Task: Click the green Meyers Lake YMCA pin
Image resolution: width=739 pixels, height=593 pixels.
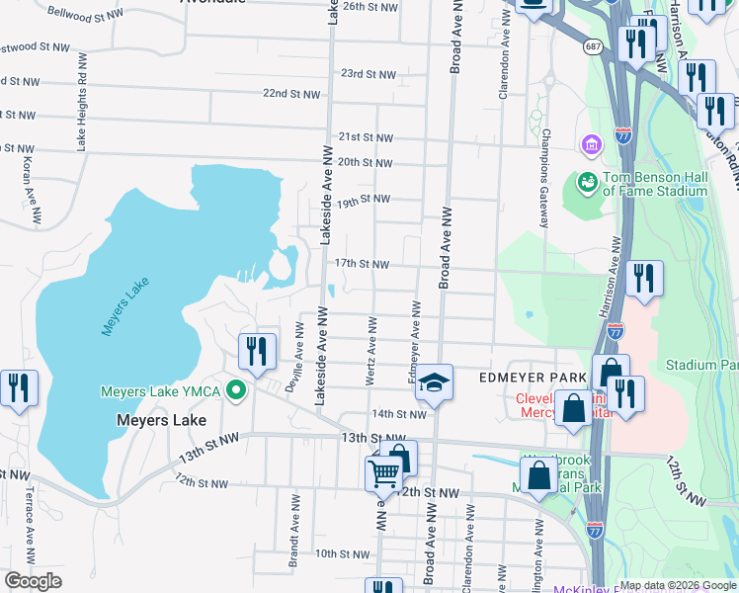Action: [235, 391]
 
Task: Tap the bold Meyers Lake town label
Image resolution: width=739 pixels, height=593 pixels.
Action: [162, 420]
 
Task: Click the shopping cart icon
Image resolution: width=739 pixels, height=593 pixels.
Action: [384, 474]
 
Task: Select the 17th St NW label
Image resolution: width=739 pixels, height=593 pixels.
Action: [362, 264]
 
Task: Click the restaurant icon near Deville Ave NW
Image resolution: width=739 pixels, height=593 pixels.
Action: [255, 353]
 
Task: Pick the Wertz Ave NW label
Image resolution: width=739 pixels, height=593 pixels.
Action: [372, 342]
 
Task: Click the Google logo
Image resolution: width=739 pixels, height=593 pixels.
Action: [33, 581]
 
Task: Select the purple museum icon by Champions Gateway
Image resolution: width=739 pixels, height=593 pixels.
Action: [592, 146]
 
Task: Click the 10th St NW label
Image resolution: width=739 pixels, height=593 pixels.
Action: [342, 553]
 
